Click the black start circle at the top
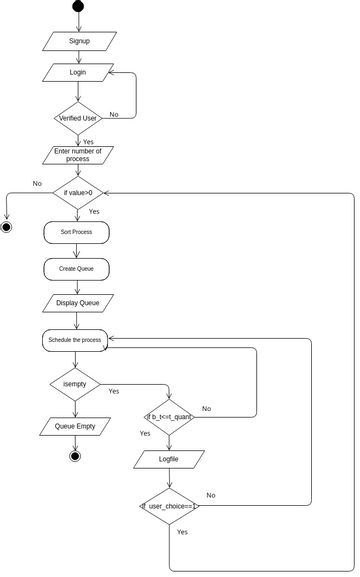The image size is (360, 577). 79,7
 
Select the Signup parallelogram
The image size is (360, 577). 79,41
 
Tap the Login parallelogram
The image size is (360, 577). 78,72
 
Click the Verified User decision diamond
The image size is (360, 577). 78,118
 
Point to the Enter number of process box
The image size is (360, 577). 78,155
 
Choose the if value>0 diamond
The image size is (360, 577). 78,192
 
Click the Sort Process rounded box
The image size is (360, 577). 76,232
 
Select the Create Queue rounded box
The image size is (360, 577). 76,269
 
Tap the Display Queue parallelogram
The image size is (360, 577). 78,302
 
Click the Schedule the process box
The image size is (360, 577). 75,340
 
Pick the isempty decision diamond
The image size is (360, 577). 75,383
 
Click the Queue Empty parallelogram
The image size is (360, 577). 75,426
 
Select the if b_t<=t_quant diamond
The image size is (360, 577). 170,416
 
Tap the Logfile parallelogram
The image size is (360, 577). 169,459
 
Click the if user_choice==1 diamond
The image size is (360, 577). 169,506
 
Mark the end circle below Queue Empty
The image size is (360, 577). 75,456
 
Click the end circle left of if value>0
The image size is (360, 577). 6,227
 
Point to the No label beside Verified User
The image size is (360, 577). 114,115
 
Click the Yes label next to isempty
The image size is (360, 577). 114,391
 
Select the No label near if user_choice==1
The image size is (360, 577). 211,495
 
